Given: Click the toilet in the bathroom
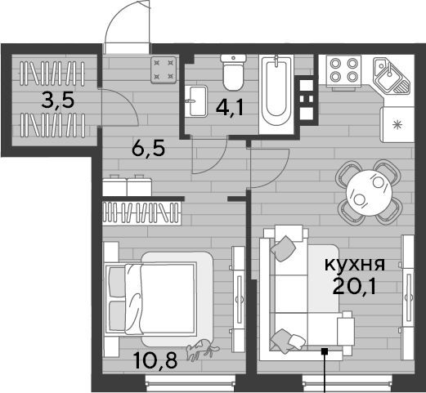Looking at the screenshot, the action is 233,72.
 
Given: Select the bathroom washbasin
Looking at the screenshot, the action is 197,101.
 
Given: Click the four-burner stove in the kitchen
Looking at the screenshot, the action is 343,71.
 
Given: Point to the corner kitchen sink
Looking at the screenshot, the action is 391,75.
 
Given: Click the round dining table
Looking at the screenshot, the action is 370,193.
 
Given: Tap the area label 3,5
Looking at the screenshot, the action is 58,100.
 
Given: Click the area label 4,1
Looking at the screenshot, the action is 229,108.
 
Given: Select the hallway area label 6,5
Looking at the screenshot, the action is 148,150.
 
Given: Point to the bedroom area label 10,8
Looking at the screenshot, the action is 156,360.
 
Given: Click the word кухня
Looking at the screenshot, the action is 355,265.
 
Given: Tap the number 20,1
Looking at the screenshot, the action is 354,286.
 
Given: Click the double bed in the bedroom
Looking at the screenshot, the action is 150,298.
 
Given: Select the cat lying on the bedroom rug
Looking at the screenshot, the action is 202,350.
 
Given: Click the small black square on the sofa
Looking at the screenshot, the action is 325,351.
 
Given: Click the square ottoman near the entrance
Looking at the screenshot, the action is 164,69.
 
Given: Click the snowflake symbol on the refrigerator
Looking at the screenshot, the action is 397,125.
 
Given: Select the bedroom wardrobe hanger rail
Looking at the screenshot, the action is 142,212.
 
